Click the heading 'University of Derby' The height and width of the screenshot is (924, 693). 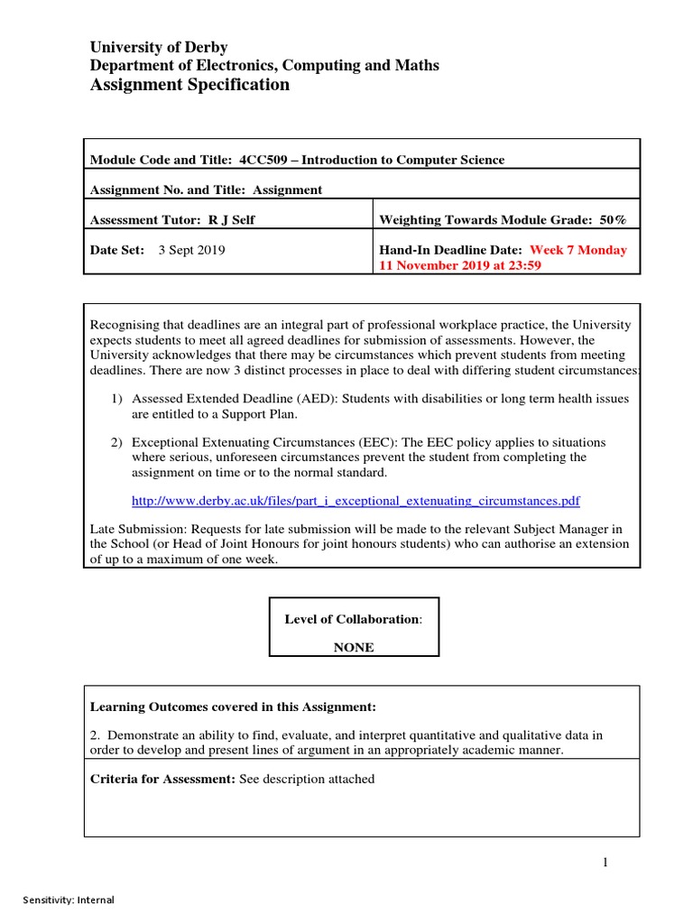coord(158,47)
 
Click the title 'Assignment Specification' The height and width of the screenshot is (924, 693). coord(189,85)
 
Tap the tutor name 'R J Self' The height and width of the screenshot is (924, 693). coord(231,220)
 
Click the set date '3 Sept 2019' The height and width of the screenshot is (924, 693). coord(192,250)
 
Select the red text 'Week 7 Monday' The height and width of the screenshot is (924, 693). coord(578,250)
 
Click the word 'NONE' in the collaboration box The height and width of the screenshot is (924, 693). coord(354,648)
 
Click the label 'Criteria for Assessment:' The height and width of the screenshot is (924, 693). coord(162,779)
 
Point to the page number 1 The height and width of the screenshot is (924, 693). coord(605,863)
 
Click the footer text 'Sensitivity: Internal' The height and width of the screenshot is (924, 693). coord(69,900)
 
